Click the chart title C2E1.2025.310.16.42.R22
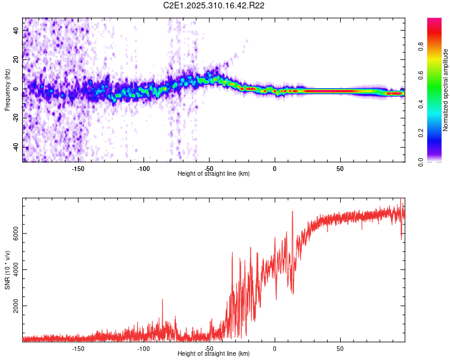pyautogui.click(x=214, y=5)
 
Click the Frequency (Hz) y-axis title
pyautogui.click(x=8, y=90)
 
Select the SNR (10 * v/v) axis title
pyautogui.click(x=8, y=270)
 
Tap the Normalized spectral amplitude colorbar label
pyautogui.click(x=446, y=90)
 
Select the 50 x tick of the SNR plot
pyautogui.click(x=340, y=348)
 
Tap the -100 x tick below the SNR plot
pyautogui.click(x=143, y=348)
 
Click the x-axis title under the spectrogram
pyautogui.click(x=214, y=174)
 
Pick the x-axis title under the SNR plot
pyautogui.click(x=214, y=354)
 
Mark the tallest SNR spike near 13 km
pyautogui.click(x=292, y=212)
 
